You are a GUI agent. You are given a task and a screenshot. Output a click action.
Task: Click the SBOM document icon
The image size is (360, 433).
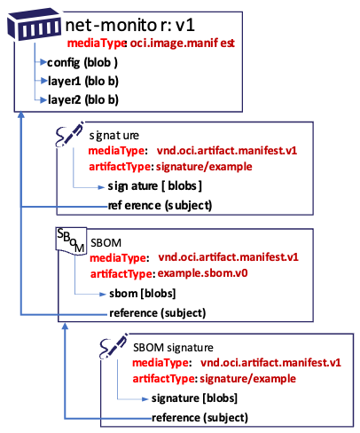click(x=70, y=242)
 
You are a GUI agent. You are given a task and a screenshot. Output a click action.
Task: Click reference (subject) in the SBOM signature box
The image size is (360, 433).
click(x=200, y=417)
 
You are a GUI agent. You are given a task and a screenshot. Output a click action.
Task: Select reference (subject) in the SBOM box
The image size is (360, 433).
click(x=157, y=312)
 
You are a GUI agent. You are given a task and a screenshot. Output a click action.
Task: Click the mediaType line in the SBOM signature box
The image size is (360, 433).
click(x=236, y=362)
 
